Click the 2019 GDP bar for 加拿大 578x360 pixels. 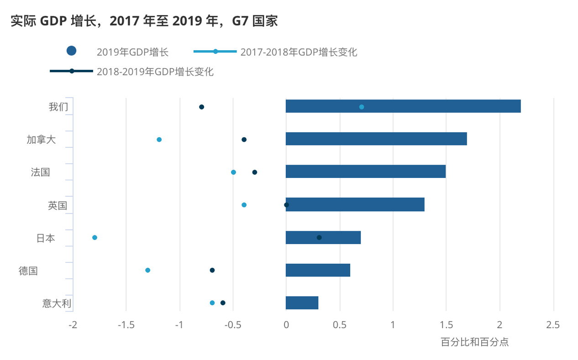[x=376, y=139]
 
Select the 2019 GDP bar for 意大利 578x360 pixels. [x=302, y=303]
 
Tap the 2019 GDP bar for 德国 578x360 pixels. [x=318, y=270]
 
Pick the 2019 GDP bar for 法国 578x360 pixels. [x=365, y=172]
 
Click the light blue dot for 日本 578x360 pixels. [x=95, y=237]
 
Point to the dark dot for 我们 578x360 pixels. [x=201, y=107]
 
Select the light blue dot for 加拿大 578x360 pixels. [x=159, y=140]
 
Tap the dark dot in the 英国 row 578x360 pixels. [x=286, y=205]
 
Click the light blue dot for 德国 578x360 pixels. [x=147, y=270]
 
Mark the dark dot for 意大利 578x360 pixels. [x=223, y=303]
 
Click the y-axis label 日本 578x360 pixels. [x=46, y=238]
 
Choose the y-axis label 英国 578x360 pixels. [x=58, y=205]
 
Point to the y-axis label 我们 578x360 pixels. [x=58, y=107]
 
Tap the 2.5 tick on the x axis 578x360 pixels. [x=553, y=325]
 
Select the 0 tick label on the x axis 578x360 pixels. [x=286, y=325]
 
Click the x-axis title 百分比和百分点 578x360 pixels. [x=474, y=341]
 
